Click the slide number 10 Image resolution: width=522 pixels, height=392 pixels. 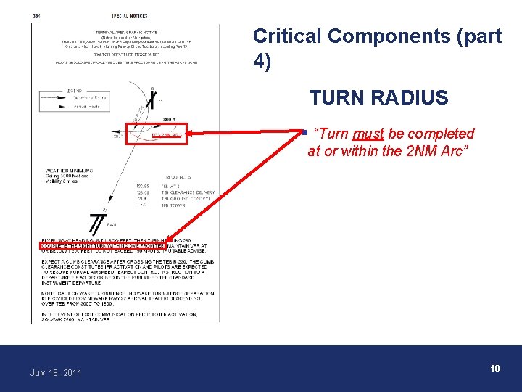click(494, 369)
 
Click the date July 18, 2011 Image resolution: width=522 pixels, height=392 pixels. click(55, 372)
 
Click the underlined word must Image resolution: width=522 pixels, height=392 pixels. click(368, 134)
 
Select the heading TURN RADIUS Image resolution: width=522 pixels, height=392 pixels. click(378, 97)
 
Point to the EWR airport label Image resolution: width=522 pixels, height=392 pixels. click(111, 225)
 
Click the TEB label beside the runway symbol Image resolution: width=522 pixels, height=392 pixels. click(159, 101)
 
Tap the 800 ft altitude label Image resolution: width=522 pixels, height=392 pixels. click(167, 118)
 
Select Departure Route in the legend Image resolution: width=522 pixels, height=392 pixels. click(90, 97)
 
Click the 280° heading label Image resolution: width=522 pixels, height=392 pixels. click(117, 135)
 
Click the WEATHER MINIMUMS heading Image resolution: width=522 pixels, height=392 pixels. click(67, 171)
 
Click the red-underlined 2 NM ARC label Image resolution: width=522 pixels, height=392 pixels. click(166, 135)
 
